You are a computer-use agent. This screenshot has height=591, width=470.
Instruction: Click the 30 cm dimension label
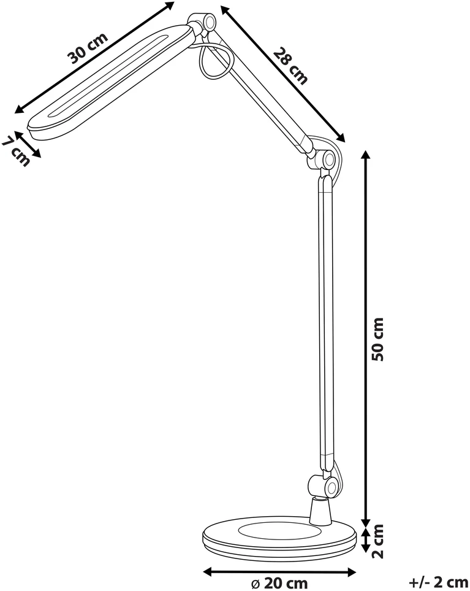pos(88,48)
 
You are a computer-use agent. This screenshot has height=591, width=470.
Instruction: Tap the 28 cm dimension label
pos(290,65)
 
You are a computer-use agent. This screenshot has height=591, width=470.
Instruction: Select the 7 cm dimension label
pos(15,152)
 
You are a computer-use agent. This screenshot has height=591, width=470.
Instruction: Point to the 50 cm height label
pos(377,339)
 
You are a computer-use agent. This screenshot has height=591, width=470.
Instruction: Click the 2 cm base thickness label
pos(377,541)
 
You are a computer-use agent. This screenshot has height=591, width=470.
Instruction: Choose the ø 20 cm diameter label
pos(279,584)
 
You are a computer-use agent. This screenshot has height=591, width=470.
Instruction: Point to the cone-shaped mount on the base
pos(321,511)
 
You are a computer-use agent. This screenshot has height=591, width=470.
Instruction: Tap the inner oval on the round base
pos(278,531)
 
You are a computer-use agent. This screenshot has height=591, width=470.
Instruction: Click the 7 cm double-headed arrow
pos(28,144)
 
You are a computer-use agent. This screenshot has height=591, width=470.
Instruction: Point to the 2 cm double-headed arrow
pos(365,539)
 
